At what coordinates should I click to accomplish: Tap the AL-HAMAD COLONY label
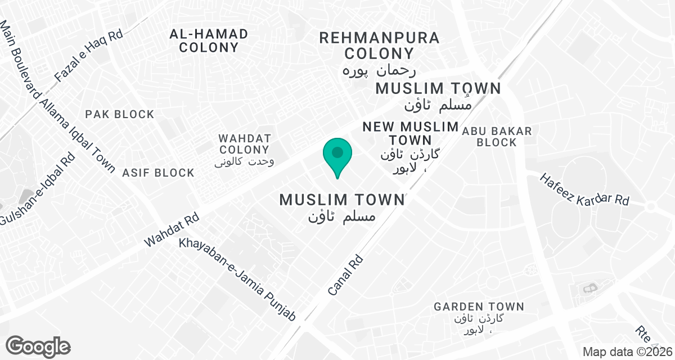point(209,40)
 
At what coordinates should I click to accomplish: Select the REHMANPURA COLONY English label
point(379,46)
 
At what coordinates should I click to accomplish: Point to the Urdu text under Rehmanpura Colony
point(379,71)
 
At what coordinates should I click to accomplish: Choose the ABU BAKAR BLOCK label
point(497,137)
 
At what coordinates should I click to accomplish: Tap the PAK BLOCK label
point(120,114)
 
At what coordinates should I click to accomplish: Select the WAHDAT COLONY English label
point(245,144)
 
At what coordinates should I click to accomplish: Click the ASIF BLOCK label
point(158,173)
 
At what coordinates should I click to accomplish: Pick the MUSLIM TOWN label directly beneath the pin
point(342,200)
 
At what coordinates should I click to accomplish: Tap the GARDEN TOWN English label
point(479,307)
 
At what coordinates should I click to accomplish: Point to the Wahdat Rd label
point(172,229)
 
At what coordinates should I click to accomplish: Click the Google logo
point(38,346)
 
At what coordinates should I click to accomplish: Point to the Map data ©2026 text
point(628,352)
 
